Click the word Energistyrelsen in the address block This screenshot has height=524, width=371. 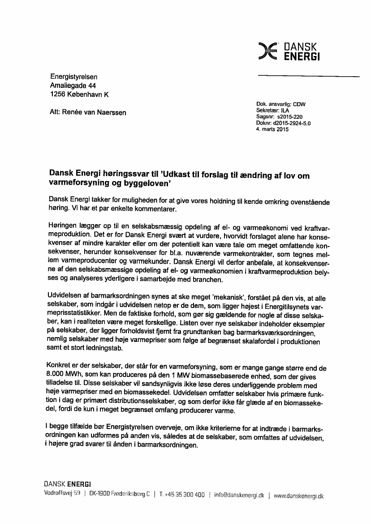click(x=73, y=77)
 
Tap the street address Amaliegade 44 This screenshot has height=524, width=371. click(x=73, y=86)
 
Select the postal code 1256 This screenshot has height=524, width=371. click(x=57, y=95)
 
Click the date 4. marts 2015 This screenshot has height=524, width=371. click(x=272, y=129)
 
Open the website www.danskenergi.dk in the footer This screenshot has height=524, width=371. click(x=298, y=495)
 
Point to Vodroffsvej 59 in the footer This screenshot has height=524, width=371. click(x=62, y=494)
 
